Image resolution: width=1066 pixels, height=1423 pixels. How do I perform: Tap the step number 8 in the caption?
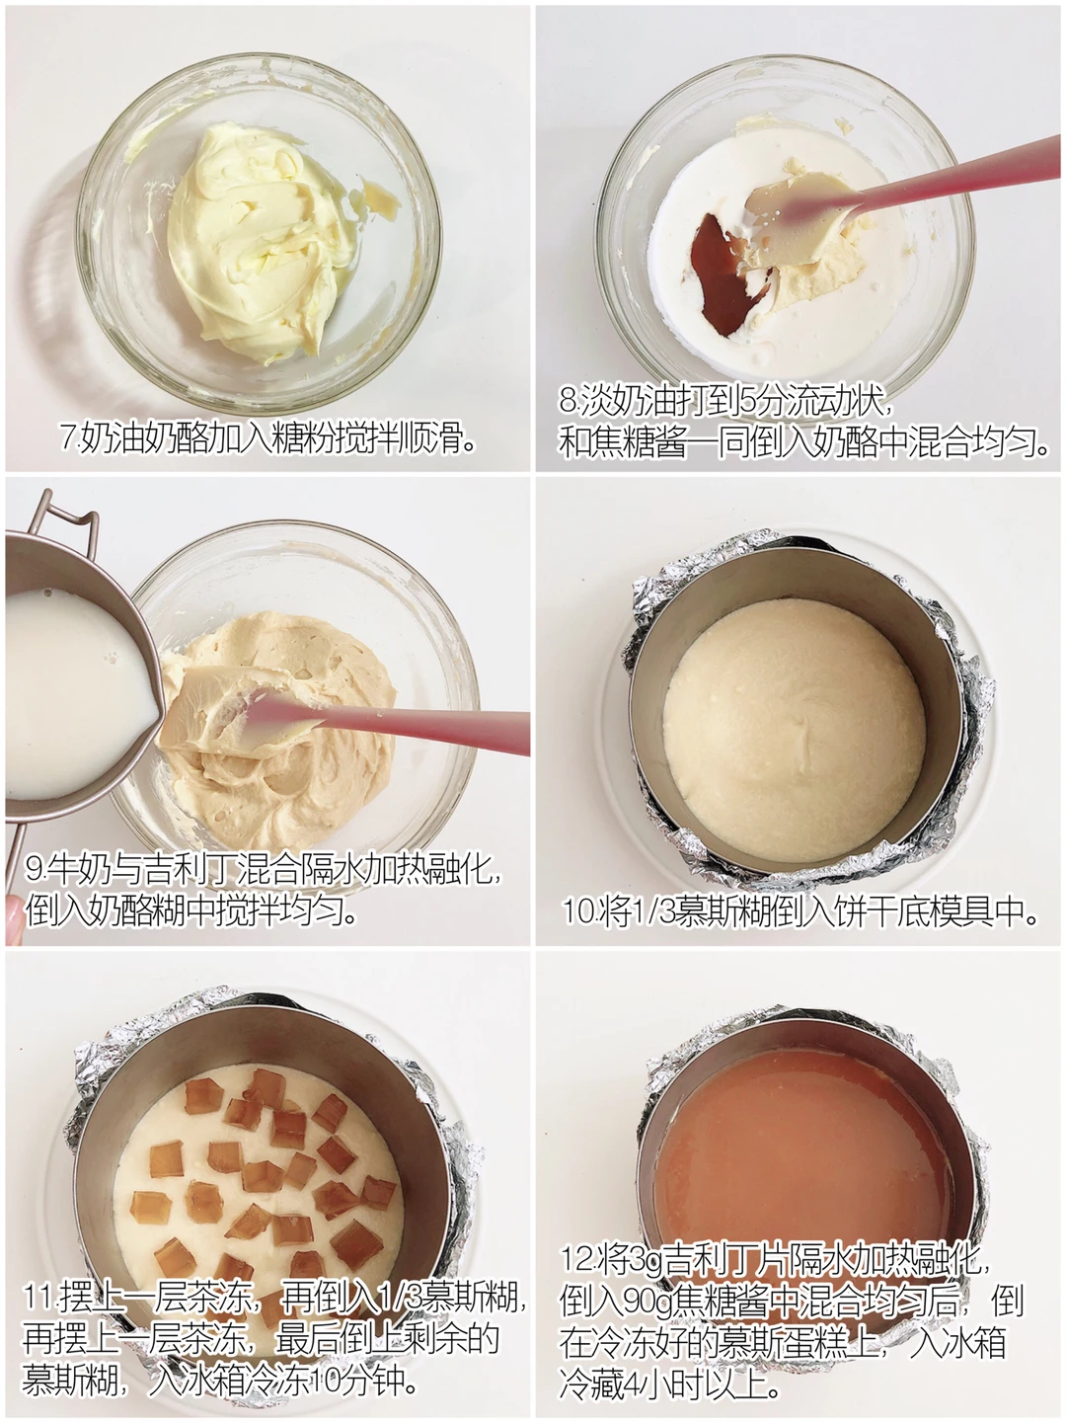(568, 402)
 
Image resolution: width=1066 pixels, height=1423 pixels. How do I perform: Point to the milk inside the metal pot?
(75, 693)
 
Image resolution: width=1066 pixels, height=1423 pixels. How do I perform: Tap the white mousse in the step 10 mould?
(794, 730)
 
